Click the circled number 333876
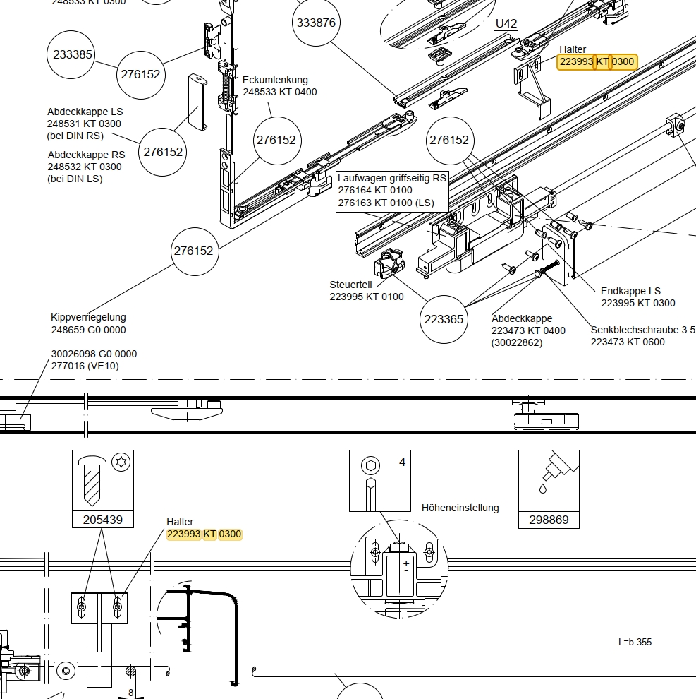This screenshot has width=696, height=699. (x=316, y=23)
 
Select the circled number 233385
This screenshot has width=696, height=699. (x=73, y=54)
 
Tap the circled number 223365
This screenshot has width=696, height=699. (x=444, y=319)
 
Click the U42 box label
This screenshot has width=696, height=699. (x=506, y=24)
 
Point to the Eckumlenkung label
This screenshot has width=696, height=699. (x=275, y=80)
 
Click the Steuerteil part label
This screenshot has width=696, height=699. (x=350, y=285)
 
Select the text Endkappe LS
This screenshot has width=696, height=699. (x=630, y=291)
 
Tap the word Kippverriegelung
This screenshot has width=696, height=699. (x=88, y=318)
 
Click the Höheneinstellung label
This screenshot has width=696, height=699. (x=460, y=508)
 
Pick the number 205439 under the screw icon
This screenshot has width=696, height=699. (x=103, y=520)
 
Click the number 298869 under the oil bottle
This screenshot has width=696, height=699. (x=549, y=520)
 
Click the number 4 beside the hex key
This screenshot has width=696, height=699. (x=402, y=462)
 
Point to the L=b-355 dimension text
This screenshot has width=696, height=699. (x=635, y=642)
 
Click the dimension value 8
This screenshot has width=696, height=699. (x=131, y=693)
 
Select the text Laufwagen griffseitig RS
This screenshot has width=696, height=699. (x=392, y=178)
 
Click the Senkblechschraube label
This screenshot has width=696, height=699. (x=642, y=330)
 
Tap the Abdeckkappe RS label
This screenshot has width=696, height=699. (x=86, y=155)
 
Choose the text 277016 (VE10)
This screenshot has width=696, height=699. (x=85, y=366)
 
